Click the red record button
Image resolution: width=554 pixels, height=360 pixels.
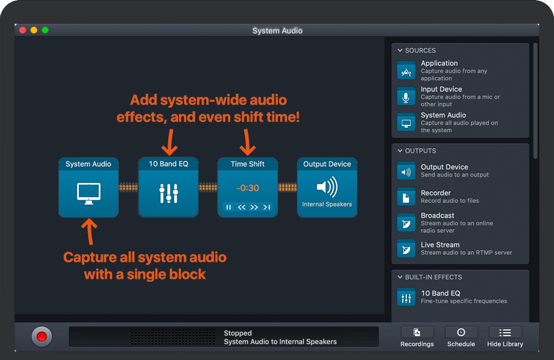41,337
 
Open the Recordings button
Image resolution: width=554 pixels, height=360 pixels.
417,333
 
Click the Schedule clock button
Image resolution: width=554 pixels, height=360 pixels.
461,333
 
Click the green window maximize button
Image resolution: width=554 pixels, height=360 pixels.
45,30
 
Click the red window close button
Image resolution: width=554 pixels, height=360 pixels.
23,30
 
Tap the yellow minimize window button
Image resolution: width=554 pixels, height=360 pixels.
34,30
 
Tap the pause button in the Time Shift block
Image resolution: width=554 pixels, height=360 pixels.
229,207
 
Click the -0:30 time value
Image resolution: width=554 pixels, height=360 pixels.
248,188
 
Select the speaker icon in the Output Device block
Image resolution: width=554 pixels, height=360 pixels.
327,187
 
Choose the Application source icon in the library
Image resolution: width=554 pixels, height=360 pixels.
406,70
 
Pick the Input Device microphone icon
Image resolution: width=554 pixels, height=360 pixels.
406,97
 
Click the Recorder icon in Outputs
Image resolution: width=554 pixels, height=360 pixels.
406,196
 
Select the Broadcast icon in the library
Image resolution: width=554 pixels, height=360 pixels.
406,223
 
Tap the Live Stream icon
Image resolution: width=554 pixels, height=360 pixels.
406,249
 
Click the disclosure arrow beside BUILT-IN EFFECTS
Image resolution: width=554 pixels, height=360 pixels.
400,277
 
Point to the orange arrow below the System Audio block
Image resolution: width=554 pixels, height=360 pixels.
89,231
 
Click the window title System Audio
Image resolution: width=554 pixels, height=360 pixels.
277,31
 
